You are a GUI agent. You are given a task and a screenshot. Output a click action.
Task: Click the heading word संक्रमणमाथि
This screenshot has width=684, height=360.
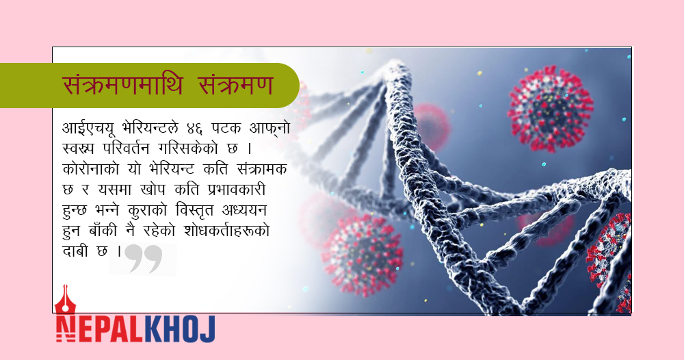pyautogui.click(x=122, y=85)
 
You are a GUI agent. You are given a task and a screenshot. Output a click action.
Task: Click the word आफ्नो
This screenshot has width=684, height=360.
pyautogui.click(x=269, y=128)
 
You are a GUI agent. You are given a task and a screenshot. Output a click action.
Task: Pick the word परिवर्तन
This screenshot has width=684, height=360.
pyautogui.click(x=126, y=149)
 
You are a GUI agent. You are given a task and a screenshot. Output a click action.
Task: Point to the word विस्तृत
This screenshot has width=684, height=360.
pyautogui.click(x=194, y=211)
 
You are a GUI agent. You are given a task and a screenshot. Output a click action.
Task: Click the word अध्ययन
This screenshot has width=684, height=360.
pyautogui.click(x=244, y=211)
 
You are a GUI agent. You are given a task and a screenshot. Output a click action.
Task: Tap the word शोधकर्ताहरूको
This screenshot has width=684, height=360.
pyautogui.click(x=226, y=231)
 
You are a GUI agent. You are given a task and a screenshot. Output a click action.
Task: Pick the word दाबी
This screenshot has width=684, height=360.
pyautogui.click(x=75, y=251)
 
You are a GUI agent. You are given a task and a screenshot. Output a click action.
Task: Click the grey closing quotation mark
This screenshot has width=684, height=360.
pyautogui.click(x=143, y=259)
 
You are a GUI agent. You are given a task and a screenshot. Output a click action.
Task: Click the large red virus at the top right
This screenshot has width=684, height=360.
pyautogui.click(x=550, y=109)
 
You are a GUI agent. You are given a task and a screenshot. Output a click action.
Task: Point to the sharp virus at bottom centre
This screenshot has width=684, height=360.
pyautogui.click(x=362, y=255)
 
